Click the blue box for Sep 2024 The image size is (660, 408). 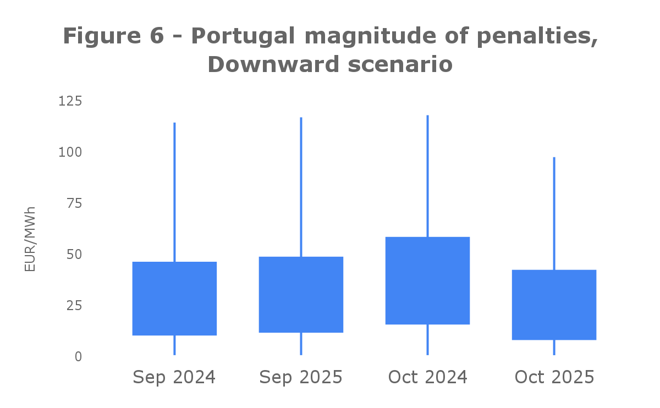click(x=174, y=299)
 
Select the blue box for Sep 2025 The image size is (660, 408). click(x=301, y=295)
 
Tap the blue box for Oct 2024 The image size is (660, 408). click(x=427, y=280)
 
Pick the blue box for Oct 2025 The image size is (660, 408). click(x=554, y=305)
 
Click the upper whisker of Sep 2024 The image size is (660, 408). click(x=174, y=192)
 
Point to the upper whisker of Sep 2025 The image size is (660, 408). click(x=301, y=187)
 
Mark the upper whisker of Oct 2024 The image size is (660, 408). click(x=427, y=176)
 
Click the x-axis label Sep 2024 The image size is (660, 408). click(x=174, y=377)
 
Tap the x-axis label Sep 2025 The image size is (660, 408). click(x=301, y=377)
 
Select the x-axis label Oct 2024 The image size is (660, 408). click(x=427, y=377)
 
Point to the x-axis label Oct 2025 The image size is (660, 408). click(x=554, y=377)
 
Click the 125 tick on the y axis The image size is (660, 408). click(x=70, y=101)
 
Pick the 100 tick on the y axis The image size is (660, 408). click(x=70, y=152)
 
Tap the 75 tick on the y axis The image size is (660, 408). click(x=74, y=203)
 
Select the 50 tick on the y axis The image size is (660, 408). click(x=74, y=255)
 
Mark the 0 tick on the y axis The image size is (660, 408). click(x=78, y=356)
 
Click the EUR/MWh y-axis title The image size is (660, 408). click(x=30, y=239)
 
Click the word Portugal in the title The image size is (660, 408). click(x=244, y=37)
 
